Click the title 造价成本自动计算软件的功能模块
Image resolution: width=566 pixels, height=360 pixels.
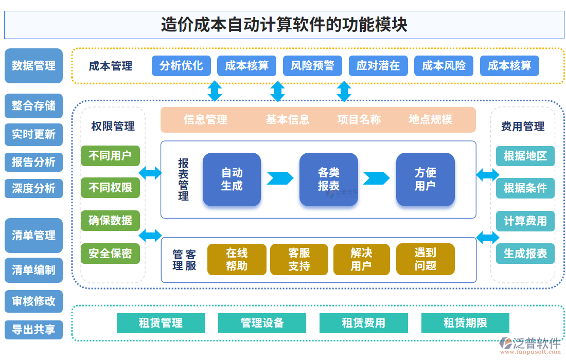point(284,25)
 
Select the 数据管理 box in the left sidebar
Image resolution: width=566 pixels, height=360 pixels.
point(33,66)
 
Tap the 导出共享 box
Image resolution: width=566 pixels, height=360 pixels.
point(33,330)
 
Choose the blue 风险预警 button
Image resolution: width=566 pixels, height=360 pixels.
point(312,66)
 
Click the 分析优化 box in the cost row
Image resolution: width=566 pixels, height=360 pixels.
point(181,66)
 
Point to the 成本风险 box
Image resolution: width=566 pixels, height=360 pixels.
point(444,66)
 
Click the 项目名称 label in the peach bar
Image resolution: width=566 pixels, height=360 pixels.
point(359,120)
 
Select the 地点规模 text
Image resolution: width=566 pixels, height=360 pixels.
point(430,120)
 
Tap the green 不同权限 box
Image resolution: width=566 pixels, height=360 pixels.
point(110,188)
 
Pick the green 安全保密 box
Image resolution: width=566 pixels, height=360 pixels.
point(110,254)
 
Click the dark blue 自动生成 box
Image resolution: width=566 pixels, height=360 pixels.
point(232,179)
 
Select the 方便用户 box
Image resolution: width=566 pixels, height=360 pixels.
point(425,179)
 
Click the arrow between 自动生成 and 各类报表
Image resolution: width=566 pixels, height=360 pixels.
point(279,178)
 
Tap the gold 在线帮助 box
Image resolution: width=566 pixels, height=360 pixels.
point(237,259)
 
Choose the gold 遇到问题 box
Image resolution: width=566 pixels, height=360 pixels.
point(425,259)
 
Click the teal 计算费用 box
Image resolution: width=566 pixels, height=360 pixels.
point(525,221)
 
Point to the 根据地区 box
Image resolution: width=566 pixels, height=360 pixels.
point(525,156)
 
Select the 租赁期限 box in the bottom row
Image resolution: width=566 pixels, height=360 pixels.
point(465,323)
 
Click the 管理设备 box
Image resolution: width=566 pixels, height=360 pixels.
point(262,323)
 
